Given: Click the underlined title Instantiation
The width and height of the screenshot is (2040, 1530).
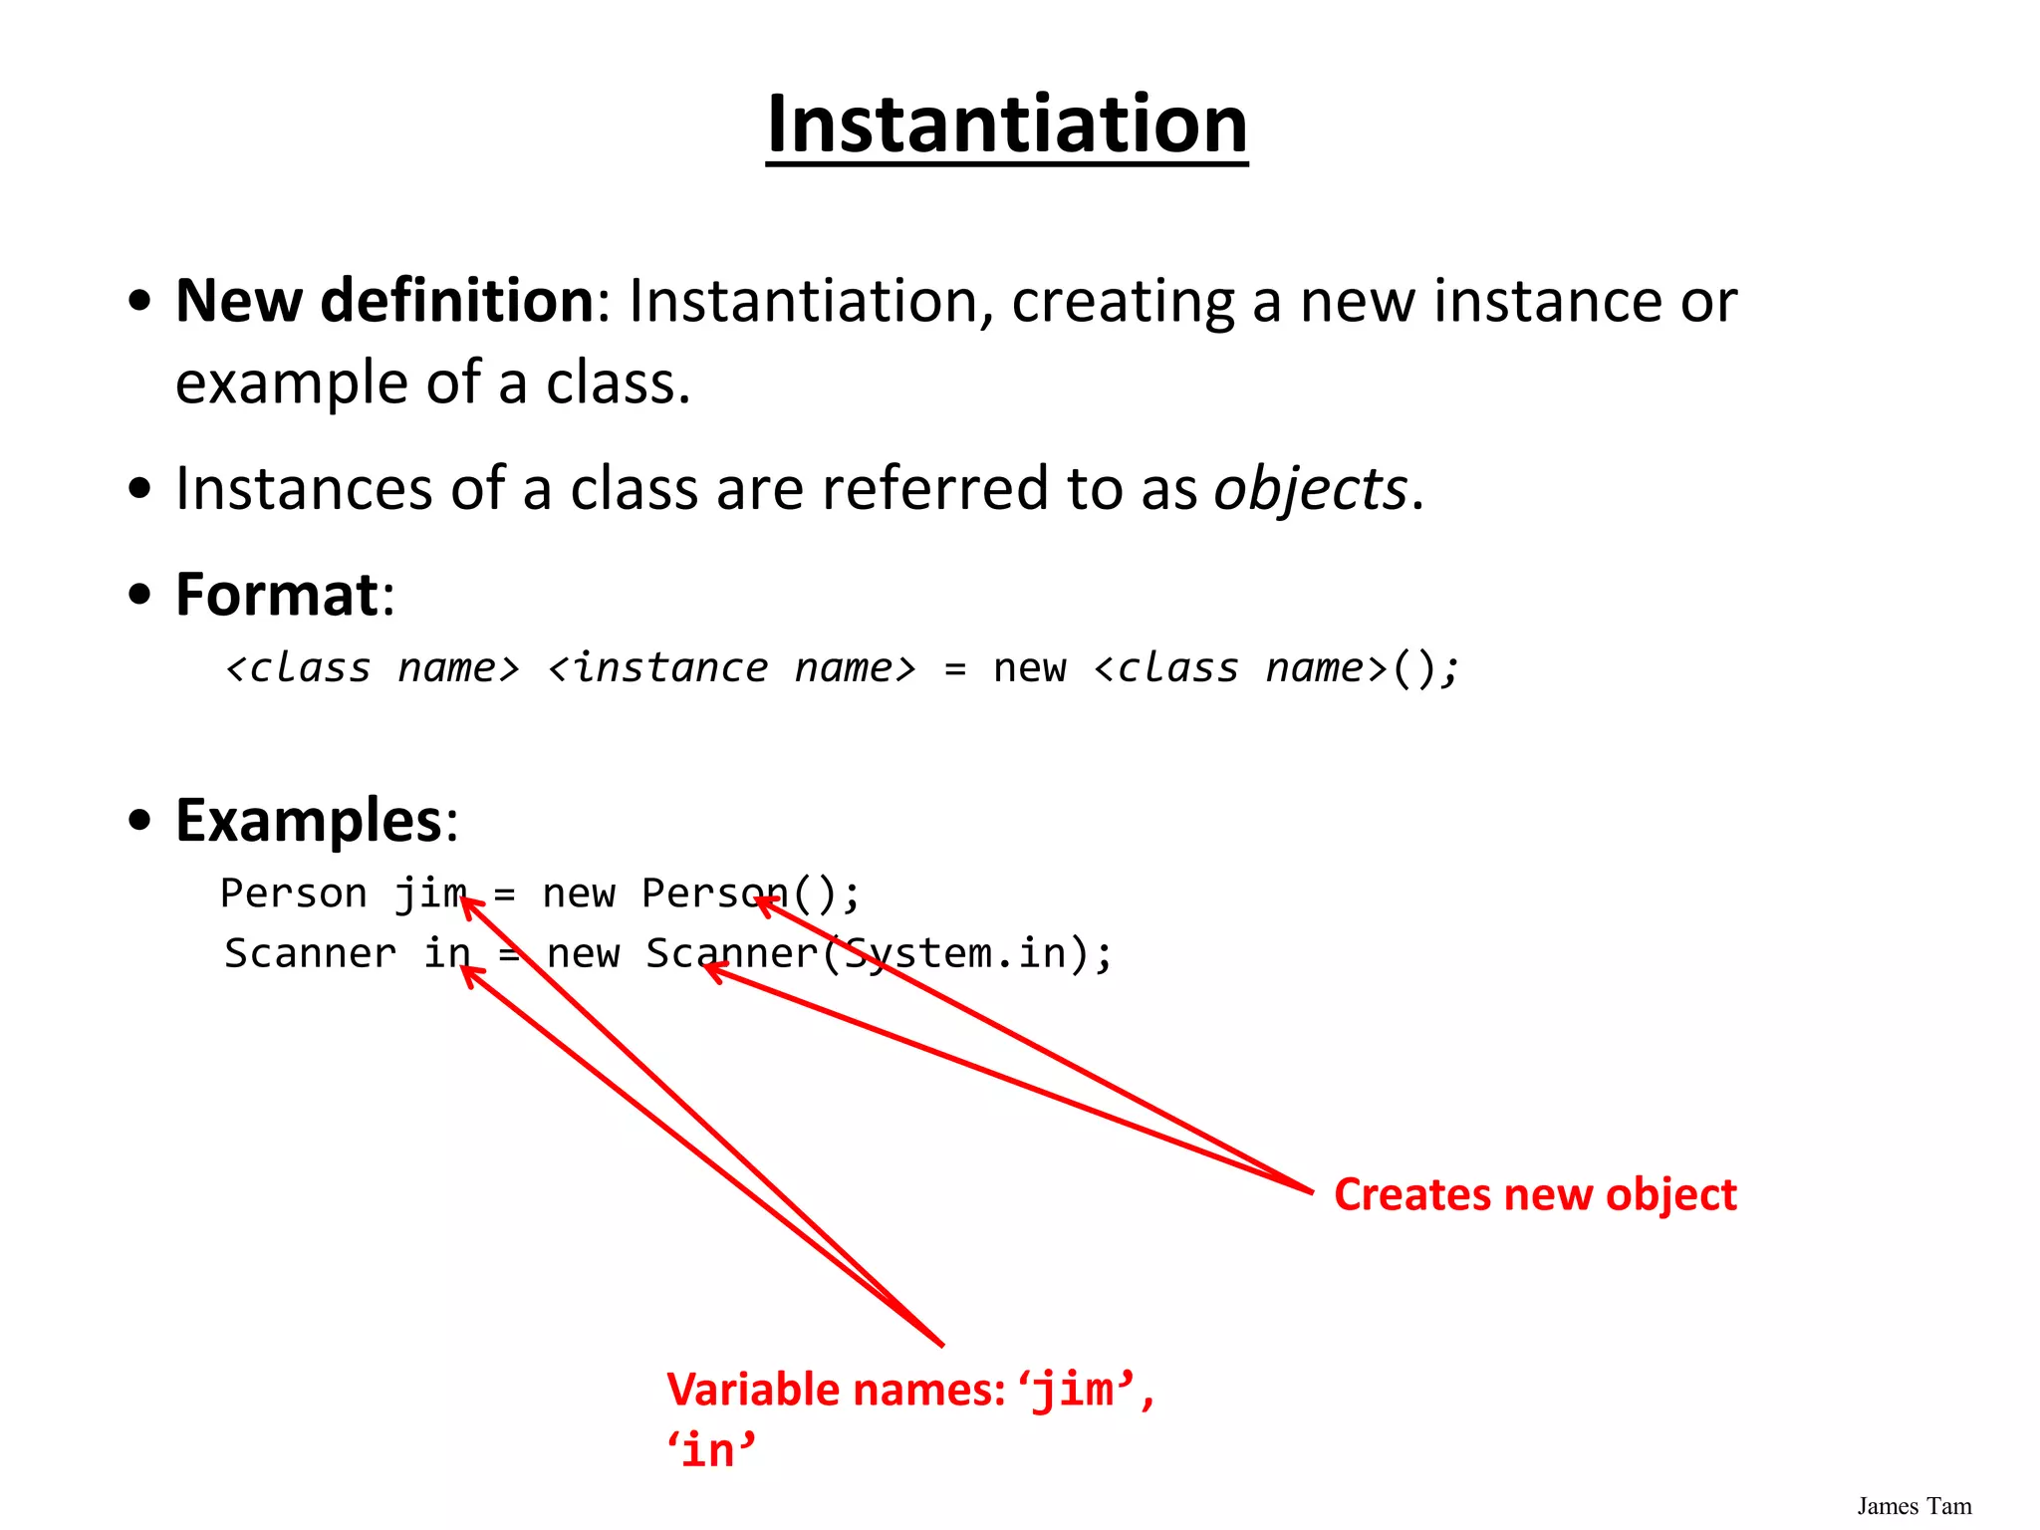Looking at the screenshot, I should click(1006, 125).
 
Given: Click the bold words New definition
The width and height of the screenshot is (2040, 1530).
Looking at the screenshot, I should click(384, 300).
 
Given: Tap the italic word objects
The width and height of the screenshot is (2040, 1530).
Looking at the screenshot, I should click(1310, 489).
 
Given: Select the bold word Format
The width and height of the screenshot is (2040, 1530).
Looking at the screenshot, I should click(277, 595).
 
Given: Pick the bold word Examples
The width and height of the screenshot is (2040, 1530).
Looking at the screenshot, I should click(309, 821).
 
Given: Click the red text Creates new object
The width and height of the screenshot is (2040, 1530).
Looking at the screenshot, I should click(1535, 1194).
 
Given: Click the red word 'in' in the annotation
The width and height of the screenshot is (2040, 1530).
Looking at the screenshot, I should click(711, 1450).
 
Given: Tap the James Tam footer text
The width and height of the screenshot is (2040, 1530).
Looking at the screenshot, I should click(1913, 1506).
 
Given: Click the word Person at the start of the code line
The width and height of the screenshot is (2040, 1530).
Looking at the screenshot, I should click(294, 893).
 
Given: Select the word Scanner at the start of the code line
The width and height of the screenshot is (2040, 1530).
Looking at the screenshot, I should click(310, 953).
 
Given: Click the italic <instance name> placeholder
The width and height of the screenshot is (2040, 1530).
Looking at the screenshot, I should click(732, 668).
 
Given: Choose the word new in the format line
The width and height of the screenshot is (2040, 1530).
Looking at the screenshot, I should click(1029, 668).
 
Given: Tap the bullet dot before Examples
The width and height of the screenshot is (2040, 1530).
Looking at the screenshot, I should click(140, 821).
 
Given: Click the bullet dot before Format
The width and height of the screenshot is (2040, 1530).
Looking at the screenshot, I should click(140, 595).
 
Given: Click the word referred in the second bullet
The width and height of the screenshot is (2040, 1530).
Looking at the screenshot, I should click(935, 489).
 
